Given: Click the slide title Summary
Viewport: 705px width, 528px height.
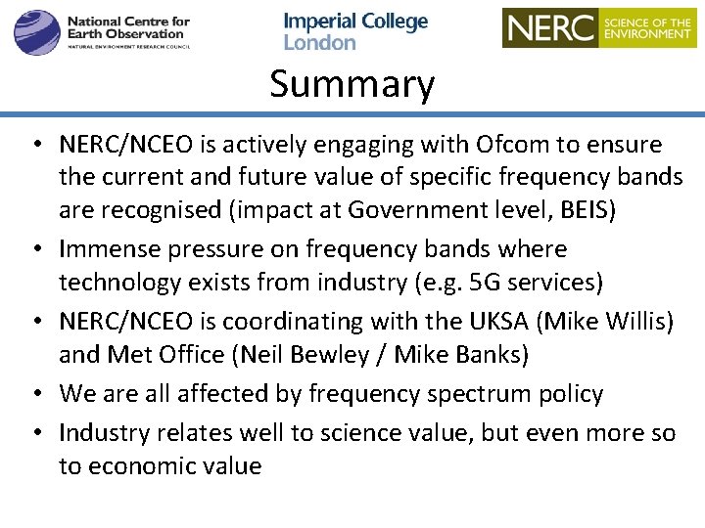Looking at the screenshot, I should (352, 84).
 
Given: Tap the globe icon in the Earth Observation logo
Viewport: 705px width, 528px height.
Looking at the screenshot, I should (36, 31).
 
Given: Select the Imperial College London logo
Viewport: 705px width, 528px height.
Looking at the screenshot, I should (355, 31).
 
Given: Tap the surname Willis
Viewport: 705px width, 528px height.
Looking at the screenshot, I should (648, 322).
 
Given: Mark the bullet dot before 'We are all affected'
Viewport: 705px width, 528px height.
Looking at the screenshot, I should (34, 395).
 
